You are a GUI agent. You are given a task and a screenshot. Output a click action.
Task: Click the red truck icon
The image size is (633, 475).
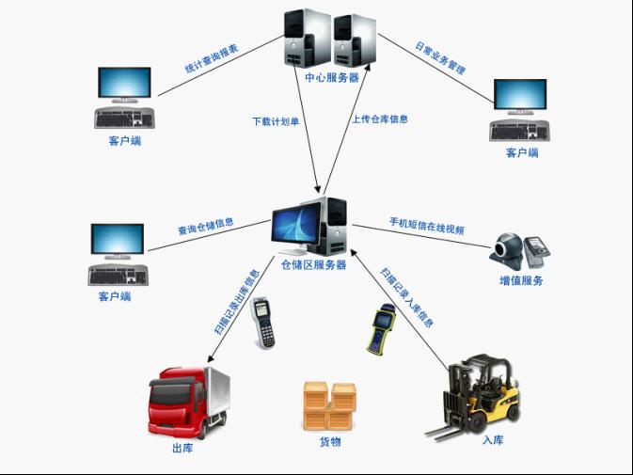[187, 402]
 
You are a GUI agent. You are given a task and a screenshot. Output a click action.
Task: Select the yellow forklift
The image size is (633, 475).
[476, 395]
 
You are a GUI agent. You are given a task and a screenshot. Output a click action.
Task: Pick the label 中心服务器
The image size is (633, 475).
[332, 78]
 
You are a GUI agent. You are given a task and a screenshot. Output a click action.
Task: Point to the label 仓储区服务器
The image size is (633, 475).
[313, 265]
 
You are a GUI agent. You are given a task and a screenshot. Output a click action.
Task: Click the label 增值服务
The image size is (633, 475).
[520, 280]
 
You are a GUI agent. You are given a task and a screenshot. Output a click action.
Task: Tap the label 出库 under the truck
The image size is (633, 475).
[182, 449]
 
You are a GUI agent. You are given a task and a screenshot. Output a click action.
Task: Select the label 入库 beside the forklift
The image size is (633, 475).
[493, 439]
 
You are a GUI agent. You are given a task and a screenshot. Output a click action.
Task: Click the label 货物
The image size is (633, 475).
[329, 441]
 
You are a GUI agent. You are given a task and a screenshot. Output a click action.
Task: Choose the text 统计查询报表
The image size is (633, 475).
[211, 60]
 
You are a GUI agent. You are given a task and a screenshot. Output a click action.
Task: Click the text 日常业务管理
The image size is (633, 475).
[441, 58]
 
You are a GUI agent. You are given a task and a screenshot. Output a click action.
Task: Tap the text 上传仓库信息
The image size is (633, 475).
[380, 119]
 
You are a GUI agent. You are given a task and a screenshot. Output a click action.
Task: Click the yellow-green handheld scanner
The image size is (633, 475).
[381, 328]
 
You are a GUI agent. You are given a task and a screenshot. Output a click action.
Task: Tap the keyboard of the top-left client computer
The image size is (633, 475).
[124, 119]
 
